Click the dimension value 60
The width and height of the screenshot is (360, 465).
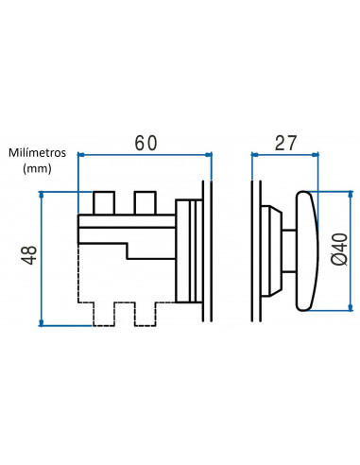[146, 144]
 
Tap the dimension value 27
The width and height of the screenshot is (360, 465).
[285, 144]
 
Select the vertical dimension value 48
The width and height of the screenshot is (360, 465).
[29, 255]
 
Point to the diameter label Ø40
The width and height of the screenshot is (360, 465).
[339, 250]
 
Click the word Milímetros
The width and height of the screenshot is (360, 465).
[37, 153]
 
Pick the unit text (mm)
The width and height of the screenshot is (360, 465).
[37, 168]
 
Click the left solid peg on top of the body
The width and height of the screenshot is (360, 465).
[104, 202]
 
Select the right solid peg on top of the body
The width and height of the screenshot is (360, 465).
[145, 202]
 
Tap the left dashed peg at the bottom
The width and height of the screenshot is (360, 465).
[104, 314]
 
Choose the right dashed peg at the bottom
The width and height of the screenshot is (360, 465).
[145, 314]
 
